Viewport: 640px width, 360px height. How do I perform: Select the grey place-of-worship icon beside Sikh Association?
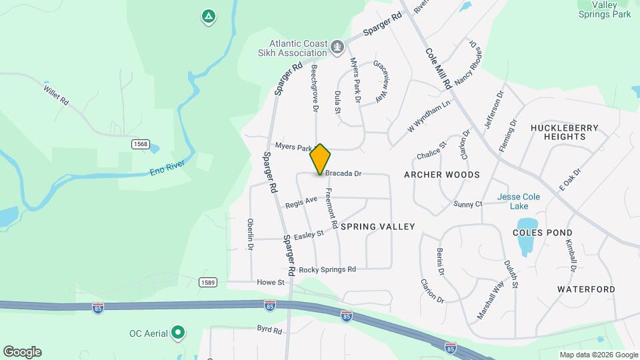coord(338,46)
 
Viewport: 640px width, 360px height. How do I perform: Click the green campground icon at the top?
coord(208,16)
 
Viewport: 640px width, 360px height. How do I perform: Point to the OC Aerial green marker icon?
coord(177,332)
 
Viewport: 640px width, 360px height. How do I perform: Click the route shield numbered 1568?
coord(140,145)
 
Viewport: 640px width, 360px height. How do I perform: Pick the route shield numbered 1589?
coord(207,283)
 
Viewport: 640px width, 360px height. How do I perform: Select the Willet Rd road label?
coord(56,95)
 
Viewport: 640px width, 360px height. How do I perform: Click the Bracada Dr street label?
coord(343,173)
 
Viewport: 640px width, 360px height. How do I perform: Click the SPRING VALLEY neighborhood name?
coord(377,227)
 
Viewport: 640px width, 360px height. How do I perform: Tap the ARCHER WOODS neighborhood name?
coord(442,175)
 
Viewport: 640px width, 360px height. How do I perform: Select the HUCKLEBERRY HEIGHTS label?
coord(559,132)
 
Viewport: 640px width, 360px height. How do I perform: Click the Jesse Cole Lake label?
coord(519,201)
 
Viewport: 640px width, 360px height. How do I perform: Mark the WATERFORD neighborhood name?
coord(586,289)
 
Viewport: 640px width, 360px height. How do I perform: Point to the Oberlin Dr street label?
coord(251,234)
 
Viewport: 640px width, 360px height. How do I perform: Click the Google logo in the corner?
coord(22,352)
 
